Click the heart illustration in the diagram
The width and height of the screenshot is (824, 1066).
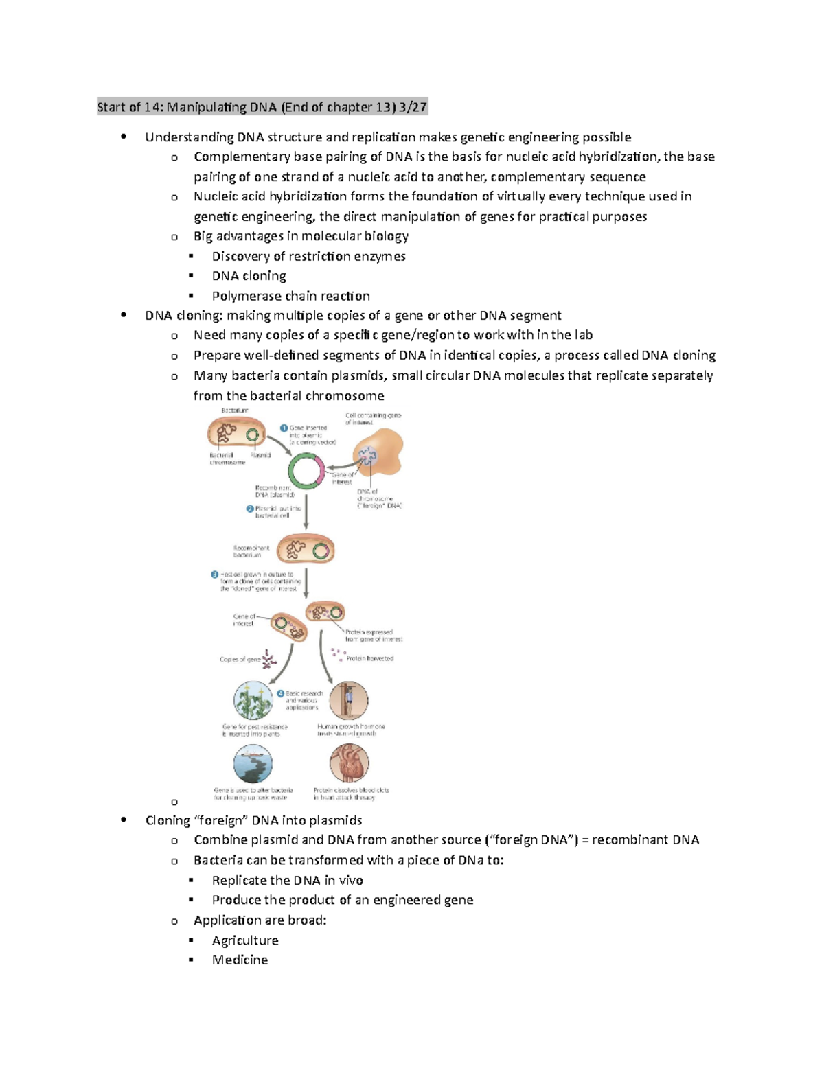(349, 763)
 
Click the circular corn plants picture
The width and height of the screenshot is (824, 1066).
(253, 700)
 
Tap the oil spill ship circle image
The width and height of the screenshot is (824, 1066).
(253, 763)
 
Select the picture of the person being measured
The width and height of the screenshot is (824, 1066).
(349, 700)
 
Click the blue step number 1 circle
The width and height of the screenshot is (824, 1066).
(284, 428)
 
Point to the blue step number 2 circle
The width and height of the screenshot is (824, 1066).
(250, 509)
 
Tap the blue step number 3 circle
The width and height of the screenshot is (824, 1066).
(215, 575)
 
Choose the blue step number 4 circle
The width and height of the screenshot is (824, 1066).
(280, 693)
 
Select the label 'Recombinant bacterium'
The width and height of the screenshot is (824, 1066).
(251, 551)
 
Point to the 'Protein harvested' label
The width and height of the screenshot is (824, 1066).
(369, 658)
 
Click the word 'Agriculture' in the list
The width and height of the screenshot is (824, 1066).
(245, 940)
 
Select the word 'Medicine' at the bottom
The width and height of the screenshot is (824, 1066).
(240, 960)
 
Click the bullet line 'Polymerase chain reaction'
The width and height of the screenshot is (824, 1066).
(290, 296)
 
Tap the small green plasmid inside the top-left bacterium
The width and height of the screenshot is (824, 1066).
(253, 434)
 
